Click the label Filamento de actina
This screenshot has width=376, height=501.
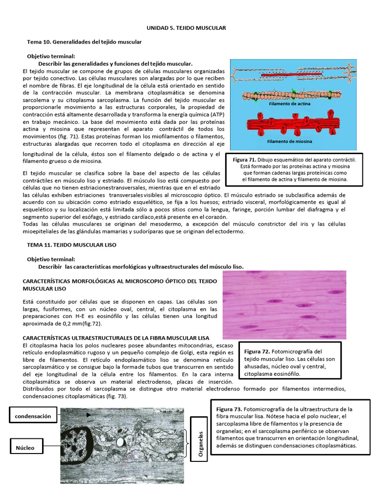(289, 104)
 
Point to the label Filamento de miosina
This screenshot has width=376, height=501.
(289, 141)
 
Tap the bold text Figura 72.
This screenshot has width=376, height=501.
(258, 352)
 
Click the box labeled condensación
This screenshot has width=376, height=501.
(33, 416)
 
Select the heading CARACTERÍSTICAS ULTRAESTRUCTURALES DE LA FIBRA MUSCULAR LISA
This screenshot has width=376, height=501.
(116, 338)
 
